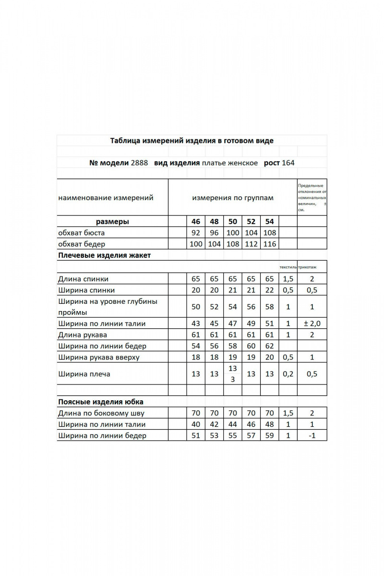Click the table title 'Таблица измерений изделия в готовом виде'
(x=192, y=141)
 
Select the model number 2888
(x=139, y=163)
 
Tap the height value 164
(x=288, y=163)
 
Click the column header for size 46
(x=196, y=222)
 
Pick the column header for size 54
(x=269, y=222)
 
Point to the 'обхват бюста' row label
(x=81, y=233)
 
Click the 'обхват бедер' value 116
(x=269, y=244)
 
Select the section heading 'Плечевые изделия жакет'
(x=104, y=255)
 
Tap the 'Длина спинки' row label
(x=83, y=279)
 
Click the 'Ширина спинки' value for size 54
(x=269, y=290)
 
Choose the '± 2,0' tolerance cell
(x=312, y=324)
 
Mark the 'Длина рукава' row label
(x=82, y=335)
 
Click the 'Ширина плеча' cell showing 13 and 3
(x=233, y=373)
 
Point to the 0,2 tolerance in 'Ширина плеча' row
(x=288, y=374)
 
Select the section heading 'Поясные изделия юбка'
(x=100, y=402)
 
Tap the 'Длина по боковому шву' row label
(x=101, y=413)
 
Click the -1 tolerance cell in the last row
(x=312, y=436)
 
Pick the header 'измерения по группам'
(x=233, y=198)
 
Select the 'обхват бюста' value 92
(x=196, y=233)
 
